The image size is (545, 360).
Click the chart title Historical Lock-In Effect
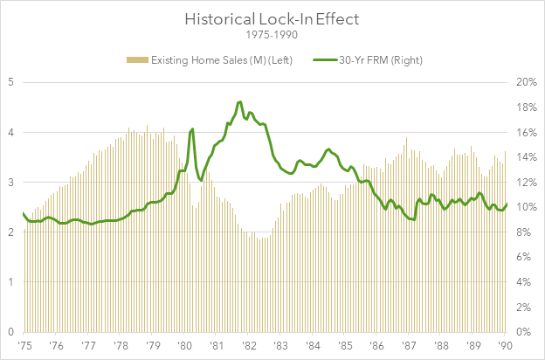[272, 17]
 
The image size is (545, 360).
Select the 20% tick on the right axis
[526, 82]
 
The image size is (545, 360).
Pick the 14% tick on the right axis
[526, 157]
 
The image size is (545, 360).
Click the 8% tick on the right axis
[526, 232]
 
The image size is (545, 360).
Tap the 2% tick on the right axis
[526, 308]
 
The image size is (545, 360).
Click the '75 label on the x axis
[24, 346]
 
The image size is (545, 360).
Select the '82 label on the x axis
[249, 346]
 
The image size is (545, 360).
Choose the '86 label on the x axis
[377, 346]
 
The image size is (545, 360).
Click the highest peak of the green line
[239, 102]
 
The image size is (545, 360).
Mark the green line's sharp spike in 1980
[191, 129]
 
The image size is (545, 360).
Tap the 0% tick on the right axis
[526, 332]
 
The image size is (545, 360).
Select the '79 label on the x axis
[153, 346]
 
